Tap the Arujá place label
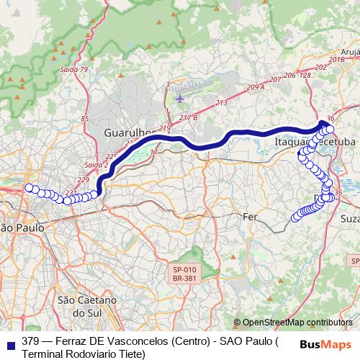(x=350, y=52)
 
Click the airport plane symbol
(x=179, y=98)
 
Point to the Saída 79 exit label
(x=74, y=70)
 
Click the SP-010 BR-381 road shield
(x=184, y=272)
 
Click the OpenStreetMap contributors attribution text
(x=297, y=323)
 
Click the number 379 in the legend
(x=30, y=341)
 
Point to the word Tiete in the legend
(x=129, y=354)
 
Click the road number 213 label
(x=220, y=103)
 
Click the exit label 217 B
(x=189, y=117)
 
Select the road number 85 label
(x=85, y=118)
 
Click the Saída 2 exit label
(x=95, y=165)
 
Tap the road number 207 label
(x=274, y=79)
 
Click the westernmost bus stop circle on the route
(x=30, y=189)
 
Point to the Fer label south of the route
(x=251, y=217)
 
